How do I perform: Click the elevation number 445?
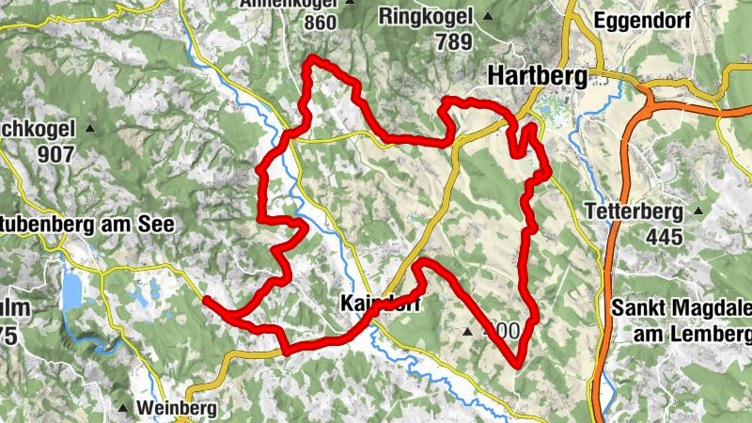664,236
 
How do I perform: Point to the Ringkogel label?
427,16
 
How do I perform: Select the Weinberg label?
176,408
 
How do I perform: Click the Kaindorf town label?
377,305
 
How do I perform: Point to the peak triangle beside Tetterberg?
698,211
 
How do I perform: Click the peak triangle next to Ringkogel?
487,16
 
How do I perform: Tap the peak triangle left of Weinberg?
123,407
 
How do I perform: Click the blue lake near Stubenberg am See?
71,291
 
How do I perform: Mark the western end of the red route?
205,299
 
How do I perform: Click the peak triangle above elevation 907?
90,128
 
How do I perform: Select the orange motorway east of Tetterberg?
609,235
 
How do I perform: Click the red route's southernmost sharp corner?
518,364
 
